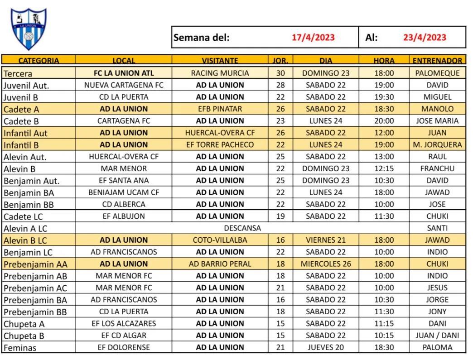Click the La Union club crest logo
pyautogui.click(x=29, y=28)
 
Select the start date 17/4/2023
pyautogui.click(x=313, y=38)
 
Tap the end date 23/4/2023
pyautogui.click(x=425, y=38)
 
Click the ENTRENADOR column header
pyautogui.click(x=437, y=60)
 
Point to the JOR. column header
pyautogui.click(x=280, y=60)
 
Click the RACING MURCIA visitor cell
pyautogui.click(x=220, y=73)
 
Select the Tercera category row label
pyautogui.click(x=18, y=73)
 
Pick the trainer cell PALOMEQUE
pyautogui.click(x=437, y=73)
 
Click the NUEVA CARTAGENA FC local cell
pyautogui.click(x=124, y=85)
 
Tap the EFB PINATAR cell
pyautogui.click(x=220, y=109)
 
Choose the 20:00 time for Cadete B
pyautogui.click(x=384, y=121)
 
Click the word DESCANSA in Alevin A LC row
pyautogui.click(x=242, y=228)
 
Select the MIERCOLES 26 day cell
pyautogui.click(x=326, y=264)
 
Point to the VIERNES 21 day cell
pyautogui.click(x=326, y=240)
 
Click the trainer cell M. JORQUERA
pyautogui.click(x=437, y=145)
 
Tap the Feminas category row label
pyautogui.click(x=20, y=348)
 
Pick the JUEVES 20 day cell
pyautogui.click(x=326, y=347)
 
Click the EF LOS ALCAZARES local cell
pyautogui.click(x=124, y=323)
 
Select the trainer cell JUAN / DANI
pyautogui.click(x=437, y=336)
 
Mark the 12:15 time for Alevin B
pyautogui.click(x=384, y=168)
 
